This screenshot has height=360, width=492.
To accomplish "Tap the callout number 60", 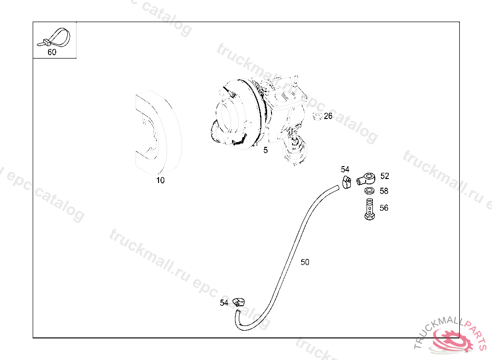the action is pos(52,52).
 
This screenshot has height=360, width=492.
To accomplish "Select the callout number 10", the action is pos(160,180).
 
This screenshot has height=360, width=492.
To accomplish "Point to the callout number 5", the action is pos(265,150).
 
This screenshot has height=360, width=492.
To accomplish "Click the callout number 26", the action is pos(328,116).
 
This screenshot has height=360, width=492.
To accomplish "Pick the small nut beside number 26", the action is pos(318,116).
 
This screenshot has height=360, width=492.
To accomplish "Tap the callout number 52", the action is pos(385,176).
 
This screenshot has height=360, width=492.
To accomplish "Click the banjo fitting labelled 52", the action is pos(366,179).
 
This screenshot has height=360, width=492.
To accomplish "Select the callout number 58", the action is pos(384,191).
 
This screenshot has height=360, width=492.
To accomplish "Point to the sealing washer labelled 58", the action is pos(369,191).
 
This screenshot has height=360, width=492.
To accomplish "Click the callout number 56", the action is pos(384,208).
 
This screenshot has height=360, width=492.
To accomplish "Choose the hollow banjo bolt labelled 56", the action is pos(369,209).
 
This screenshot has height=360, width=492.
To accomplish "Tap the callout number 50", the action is pos(305,262).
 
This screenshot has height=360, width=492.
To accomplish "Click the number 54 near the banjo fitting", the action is pos(345,169).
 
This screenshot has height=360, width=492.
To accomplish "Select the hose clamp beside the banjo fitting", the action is pos(347,182).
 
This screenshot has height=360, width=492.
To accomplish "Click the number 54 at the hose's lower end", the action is pos(224,303).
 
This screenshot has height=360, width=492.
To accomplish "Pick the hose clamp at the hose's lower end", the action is pos(238,302).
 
